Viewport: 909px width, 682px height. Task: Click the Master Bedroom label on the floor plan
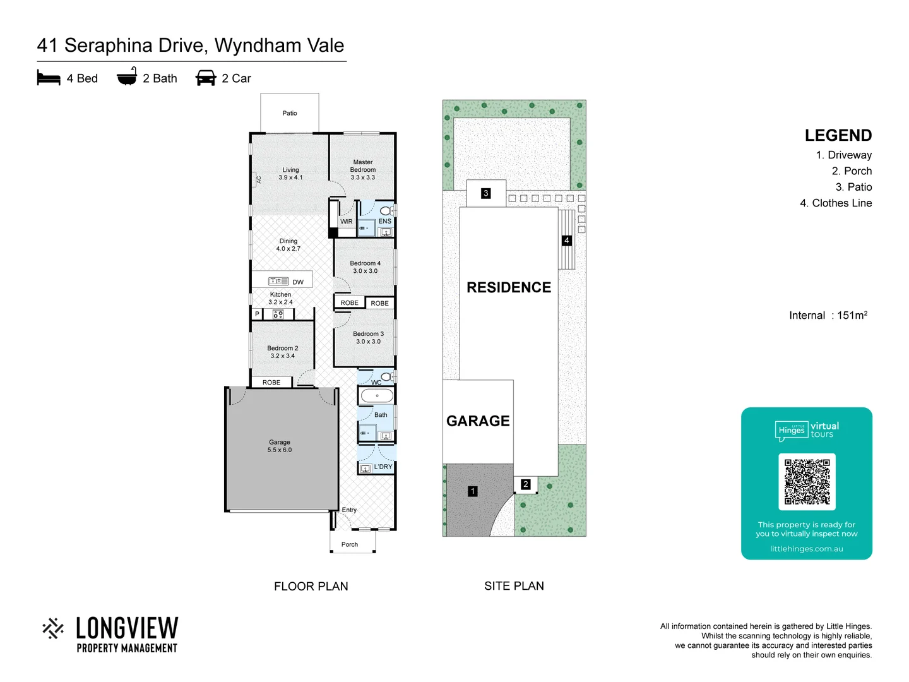click(x=363, y=170)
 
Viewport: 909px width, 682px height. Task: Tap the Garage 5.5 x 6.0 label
click(x=280, y=446)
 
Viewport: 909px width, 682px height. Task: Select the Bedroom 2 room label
click(x=283, y=352)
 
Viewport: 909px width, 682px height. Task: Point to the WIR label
click(x=347, y=222)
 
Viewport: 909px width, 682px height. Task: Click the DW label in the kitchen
click(x=298, y=282)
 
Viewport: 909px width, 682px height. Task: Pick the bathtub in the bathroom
click(x=377, y=396)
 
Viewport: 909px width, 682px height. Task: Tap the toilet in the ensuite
click(x=386, y=210)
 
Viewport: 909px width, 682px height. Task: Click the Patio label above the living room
click(x=290, y=114)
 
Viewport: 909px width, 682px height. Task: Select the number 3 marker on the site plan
click(x=485, y=193)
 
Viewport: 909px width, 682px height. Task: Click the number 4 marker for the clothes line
click(x=567, y=241)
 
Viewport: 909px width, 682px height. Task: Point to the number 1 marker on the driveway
click(x=473, y=491)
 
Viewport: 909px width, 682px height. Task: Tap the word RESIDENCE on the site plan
click(x=509, y=288)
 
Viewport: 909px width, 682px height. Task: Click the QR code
click(x=807, y=481)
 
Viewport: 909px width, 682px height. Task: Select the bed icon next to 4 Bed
click(x=49, y=78)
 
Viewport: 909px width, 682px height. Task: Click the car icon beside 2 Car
click(x=206, y=78)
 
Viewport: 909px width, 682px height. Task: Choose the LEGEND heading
click(x=838, y=136)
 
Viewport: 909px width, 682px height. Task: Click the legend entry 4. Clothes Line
click(x=836, y=203)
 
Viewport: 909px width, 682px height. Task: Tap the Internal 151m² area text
click(x=828, y=315)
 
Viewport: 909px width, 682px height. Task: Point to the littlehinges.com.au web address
click(x=806, y=549)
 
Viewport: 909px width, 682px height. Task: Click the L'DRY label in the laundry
click(x=383, y=467)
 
